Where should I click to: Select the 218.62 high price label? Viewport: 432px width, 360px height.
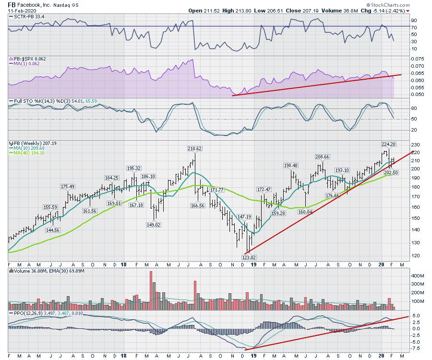pyautogui.click(x=195, y=149)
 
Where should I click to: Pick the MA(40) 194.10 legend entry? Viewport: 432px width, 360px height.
pyautogui.click(x=28, y=153)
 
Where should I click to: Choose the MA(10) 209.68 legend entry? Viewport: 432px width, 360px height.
pyautogui.click(x=28, y=148)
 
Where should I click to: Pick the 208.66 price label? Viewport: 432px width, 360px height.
pyautogui.click(x=322, y=157)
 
